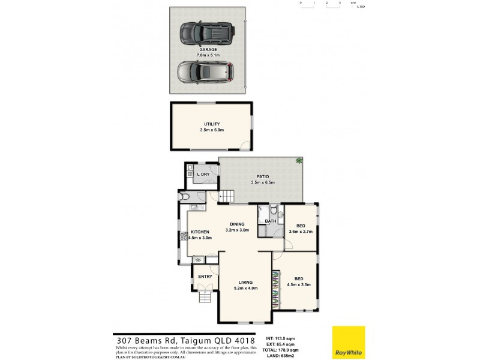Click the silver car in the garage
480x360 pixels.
point(205,73)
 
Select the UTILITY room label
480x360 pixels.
point(212,124)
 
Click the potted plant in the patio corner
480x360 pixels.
point(298,161)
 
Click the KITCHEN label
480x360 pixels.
point(199,232)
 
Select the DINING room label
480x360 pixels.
point(236,224)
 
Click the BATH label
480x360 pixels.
point(271,221)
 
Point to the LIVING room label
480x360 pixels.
point(245,282)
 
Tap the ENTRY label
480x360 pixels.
point(205,276)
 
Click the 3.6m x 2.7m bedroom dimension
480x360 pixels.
point(301,231)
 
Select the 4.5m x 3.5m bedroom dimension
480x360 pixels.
point(298,285)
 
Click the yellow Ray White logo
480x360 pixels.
point(349,342)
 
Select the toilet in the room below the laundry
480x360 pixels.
point(185,196)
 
